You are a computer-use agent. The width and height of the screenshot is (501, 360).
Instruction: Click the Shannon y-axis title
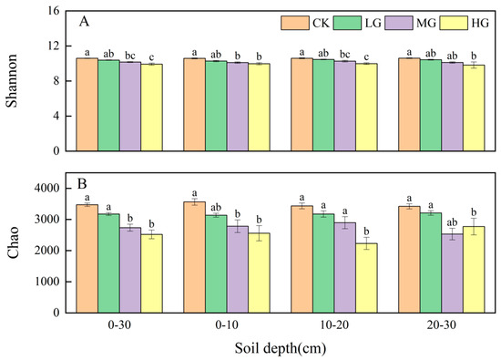click(13, 80)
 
